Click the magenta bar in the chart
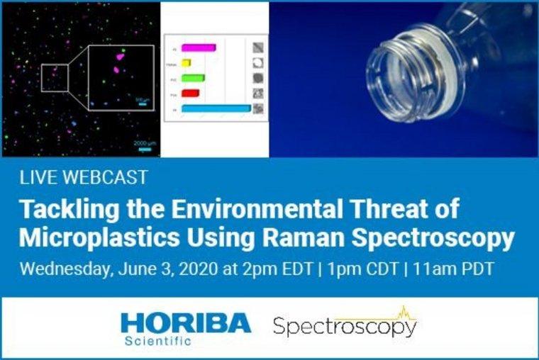coord(198,48)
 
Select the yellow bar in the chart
coord(187,63)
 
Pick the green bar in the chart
coord(193,78)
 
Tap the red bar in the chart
coord(190,93)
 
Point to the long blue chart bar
coord(216,108)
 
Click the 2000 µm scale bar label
coord(145,143)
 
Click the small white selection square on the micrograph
coord(54,78)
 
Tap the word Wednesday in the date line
coord(63,270)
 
